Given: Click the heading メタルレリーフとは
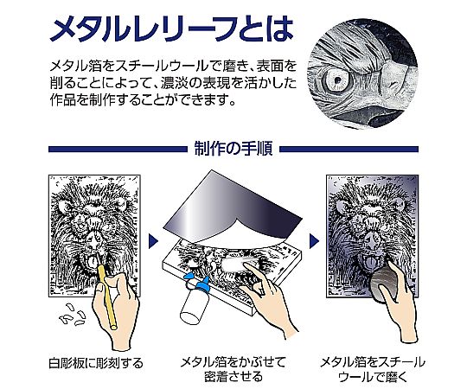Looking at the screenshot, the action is click(172, 29).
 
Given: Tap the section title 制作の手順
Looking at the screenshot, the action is click(233, 149).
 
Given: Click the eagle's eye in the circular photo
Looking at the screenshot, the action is click(337, 80).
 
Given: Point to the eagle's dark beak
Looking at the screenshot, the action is click(387, 115).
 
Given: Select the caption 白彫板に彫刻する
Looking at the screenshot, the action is click(96, 363).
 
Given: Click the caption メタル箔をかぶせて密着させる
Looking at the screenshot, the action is click(233, 369).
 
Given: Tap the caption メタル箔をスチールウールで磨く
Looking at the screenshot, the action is click(372, 369).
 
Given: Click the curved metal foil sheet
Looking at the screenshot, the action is click(233, 209).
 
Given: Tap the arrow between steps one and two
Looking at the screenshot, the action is click(153, 241).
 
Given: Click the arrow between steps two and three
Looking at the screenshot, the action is click(314, 241).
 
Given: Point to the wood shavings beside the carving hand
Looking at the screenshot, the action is click(73, 315).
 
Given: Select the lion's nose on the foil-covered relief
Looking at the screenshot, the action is click(372, 238).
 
